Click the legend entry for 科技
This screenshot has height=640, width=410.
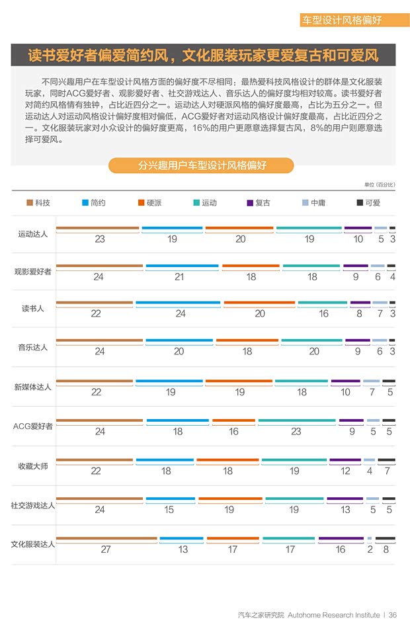[x=38, y=203]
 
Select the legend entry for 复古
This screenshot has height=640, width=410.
[x=258, y=203]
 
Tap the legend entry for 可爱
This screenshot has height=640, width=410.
[x=368, y=203]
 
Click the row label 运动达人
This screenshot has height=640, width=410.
[x=32, y=234]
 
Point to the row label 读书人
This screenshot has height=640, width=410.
[x=32, y=308]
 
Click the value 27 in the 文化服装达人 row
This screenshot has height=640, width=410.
[x=106, y=549]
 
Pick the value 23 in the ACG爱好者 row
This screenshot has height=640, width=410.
[x=296, y=432]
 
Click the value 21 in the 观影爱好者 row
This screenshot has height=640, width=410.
[x=179, y=277]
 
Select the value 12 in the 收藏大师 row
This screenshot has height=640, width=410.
[x=345, y=471]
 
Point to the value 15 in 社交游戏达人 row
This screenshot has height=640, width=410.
[x=169, y=510]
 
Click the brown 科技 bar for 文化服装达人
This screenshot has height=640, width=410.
[x=106, y=539]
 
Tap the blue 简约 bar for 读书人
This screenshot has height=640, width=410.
[x=177, y=303]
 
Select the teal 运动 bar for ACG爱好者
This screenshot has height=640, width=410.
[x=296, y=421]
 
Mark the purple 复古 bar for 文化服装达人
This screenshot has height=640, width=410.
[x=341, y=539]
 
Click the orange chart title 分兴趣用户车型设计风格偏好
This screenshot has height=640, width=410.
[x=202, y=165]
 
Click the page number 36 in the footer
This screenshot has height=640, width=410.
[x=393, y=615]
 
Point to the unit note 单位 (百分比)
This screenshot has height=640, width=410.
[x=379, y=184]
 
